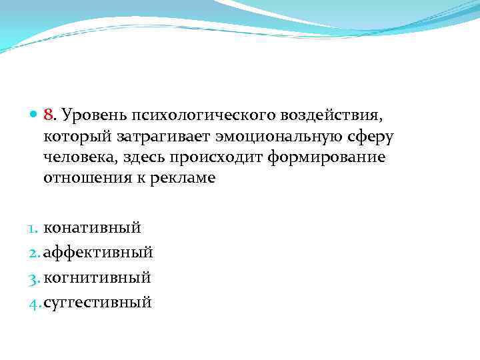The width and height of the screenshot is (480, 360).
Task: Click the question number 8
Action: (48, 117)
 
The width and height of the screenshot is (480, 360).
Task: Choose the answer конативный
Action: (92, 227)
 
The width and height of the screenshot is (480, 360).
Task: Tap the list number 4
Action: (35, 303)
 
